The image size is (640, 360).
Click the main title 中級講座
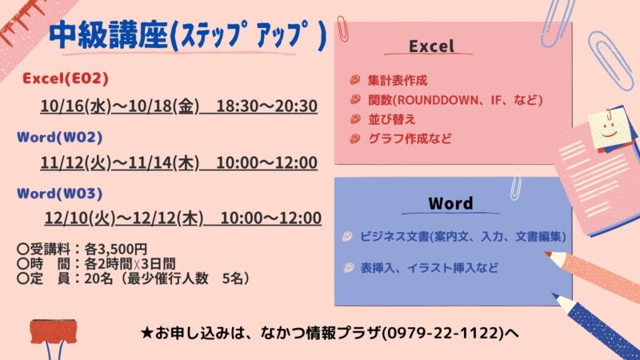(x=108, y=35)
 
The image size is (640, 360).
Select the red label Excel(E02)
(x=66, y=78)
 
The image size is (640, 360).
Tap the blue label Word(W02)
(x=59, y=137)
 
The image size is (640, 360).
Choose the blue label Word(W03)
(x=59, y=193)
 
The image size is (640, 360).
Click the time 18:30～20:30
(x=266, y=106)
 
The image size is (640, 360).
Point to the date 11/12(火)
(x=76, y=163)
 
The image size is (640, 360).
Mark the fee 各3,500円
(x=115, y=249)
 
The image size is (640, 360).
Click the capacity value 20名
(x=98, y=278)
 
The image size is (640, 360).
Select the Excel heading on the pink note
(x=431, y=46)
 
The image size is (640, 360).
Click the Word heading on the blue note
(x=450, y=203)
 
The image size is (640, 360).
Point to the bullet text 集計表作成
(x=398, y=81)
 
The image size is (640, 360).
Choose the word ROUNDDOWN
(x=438, y=100)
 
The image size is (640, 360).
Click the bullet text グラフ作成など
(x=410, y=138)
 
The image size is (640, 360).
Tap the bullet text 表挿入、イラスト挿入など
(x=429, y=268)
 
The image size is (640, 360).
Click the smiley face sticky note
(x=610, y=128)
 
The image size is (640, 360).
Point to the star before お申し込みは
(x=146, y=333)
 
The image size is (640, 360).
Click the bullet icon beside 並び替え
(x=355, y=119)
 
